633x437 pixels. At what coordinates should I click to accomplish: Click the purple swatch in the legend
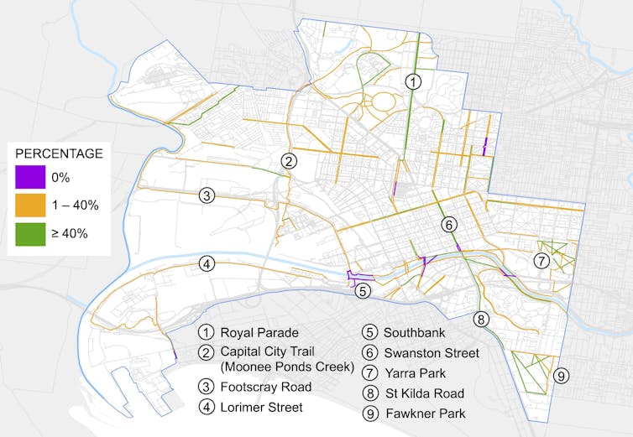point(29,178)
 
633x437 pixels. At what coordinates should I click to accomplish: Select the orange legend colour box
point(29,205)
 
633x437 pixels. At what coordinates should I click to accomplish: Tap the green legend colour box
point(29,233)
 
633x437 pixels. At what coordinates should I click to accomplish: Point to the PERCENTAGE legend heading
point(60,153)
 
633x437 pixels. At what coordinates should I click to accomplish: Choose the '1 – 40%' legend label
point(76,205)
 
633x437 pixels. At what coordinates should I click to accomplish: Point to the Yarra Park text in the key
point(416,373)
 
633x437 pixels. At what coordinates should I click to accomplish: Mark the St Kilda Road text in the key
point(424,393)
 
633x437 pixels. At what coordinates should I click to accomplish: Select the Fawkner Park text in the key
point(425,414)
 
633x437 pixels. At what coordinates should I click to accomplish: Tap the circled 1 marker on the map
point(413,81)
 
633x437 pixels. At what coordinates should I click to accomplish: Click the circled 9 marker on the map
point(562,375)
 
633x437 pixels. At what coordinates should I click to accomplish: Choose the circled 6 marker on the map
point(449,225)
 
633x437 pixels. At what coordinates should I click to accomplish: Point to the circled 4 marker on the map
point(207,264)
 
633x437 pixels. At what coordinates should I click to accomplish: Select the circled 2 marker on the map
point(289,161)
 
